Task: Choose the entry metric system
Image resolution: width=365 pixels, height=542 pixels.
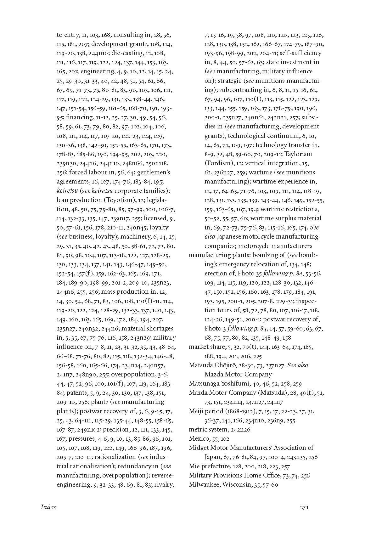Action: click(206, 429)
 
